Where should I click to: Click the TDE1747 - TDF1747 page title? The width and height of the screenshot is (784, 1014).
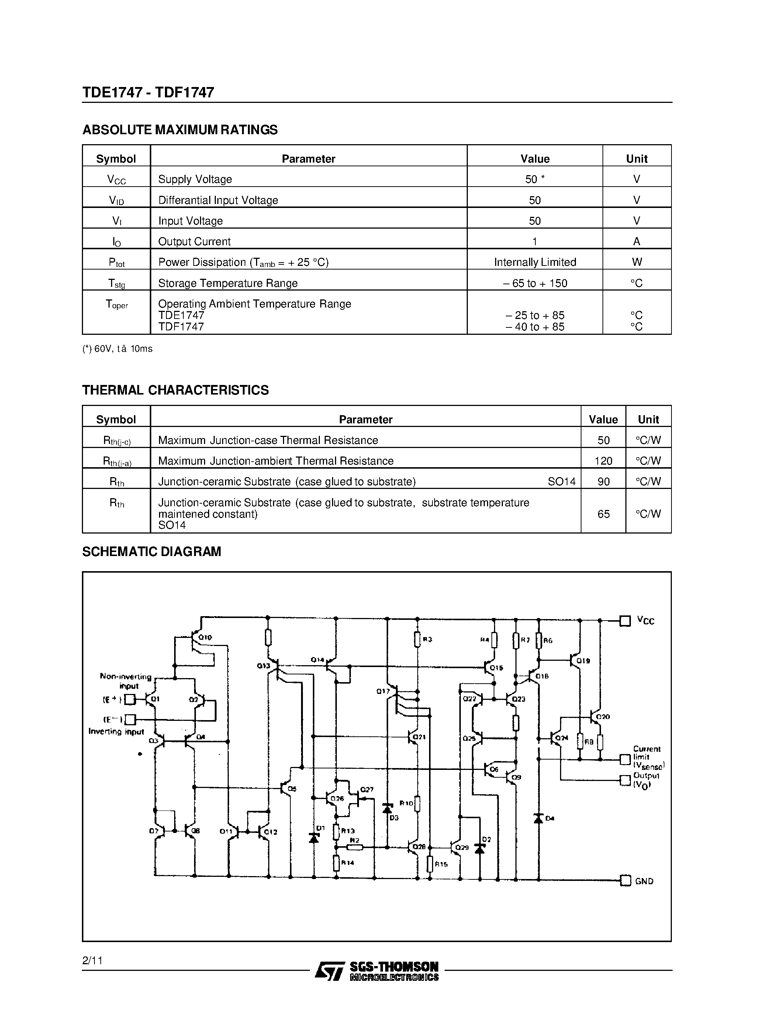coord(148,93)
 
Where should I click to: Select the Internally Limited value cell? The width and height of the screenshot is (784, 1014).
coord(535,262)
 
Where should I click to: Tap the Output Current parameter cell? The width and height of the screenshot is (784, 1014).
coord(194,242)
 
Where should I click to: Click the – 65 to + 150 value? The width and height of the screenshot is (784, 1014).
coord(535,283)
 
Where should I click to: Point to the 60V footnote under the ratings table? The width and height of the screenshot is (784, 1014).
coord(117,349)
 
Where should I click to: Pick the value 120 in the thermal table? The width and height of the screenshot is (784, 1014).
coord(603,461)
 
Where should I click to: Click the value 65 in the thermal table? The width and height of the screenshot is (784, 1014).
coord(603,514)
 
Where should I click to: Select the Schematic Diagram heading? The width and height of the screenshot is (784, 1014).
coord(151,552)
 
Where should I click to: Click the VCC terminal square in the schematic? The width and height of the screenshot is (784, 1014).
coord(625,621)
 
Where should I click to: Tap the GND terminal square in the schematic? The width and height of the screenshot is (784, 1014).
coord(625,880)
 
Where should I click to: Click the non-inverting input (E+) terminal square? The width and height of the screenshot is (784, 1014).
coord(131,699)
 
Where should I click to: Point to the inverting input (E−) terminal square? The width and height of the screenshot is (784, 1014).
coord(131,720)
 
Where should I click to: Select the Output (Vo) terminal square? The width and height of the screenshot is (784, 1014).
coord(625,780)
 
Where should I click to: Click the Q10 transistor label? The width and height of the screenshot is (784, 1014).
coord(205,638)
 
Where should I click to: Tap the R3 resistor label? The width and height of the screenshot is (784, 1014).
coord(428,639)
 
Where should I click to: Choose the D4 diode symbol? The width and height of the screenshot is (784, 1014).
coord(538,818)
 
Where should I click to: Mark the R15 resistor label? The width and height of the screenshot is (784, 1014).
coord(441,864)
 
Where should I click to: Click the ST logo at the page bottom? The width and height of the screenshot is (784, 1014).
coord(330,971)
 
